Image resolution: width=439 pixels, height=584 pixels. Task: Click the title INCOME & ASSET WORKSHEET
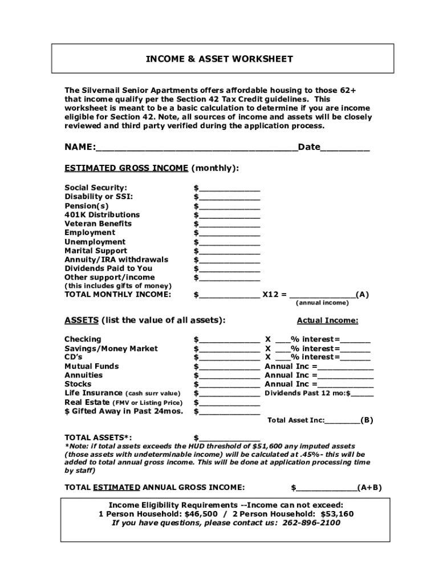[219, 59]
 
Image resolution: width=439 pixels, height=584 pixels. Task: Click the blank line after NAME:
[197, 148]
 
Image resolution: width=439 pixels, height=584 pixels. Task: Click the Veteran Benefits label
[98, 224]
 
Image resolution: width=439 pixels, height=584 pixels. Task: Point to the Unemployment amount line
[229, 242]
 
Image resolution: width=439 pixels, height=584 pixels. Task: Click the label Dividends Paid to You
[108, 268]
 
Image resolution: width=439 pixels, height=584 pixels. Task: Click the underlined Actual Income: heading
[327, 321]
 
